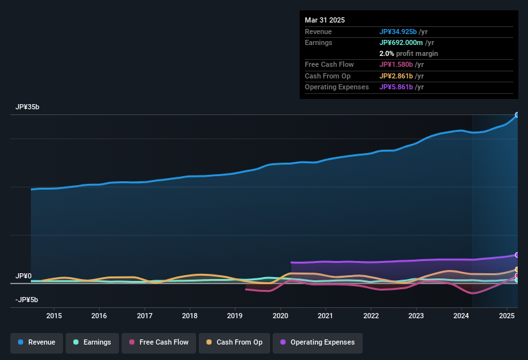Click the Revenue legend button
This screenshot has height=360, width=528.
click(37, 342)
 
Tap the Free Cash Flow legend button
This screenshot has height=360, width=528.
click(159, 342)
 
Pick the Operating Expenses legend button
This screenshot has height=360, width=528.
click(318, 342)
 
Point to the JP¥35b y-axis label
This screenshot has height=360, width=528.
click(28, 107)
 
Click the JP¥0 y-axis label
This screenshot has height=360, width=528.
click(23, 276)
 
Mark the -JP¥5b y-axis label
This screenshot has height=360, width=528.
click(28, 300)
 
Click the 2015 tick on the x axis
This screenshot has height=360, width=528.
click(54, 316)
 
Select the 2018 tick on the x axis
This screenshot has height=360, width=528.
click(190, 316)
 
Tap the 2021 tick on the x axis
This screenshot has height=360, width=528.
click(325, 316)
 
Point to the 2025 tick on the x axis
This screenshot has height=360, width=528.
click(507, 316)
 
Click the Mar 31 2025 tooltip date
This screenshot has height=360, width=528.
click(325, 20)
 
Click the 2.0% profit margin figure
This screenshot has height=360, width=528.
click(387, 53)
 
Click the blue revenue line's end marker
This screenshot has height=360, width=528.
click(517, 115)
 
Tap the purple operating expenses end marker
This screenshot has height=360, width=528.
click(517, 255)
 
